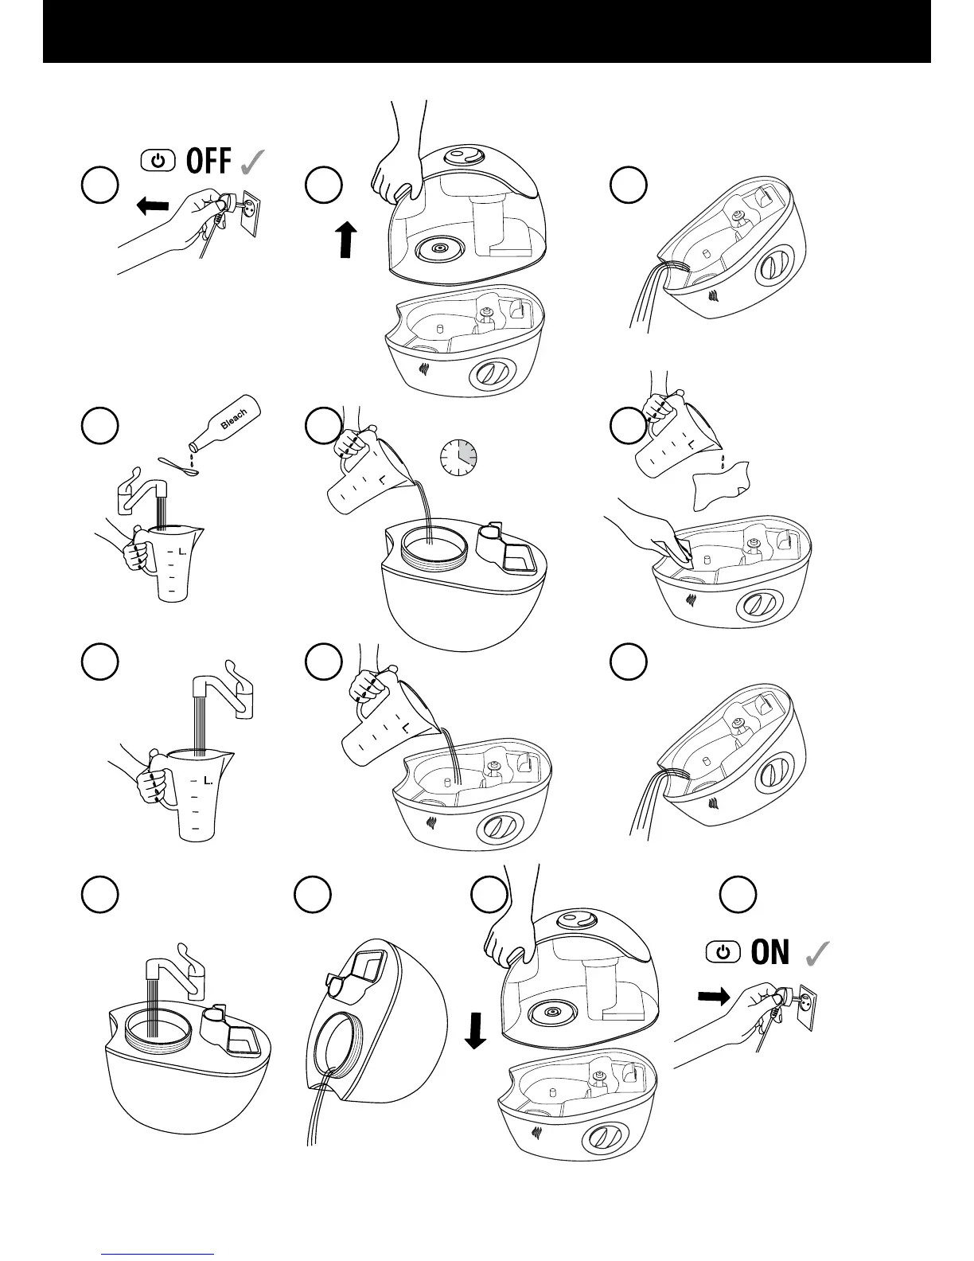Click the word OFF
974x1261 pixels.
coord(208,162)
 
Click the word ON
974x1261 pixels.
coord(769,952)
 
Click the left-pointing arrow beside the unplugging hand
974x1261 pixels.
coord(153,207)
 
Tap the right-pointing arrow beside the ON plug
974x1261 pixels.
coord(713,997)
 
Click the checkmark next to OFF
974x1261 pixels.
coord(249,162)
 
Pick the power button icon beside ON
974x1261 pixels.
coord(723,952)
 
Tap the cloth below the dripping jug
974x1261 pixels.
coord(720,485)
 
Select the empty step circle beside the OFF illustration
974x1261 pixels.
coord(100,185)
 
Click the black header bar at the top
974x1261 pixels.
coord(486,31)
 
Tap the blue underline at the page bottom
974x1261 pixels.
coord(158,1253)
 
